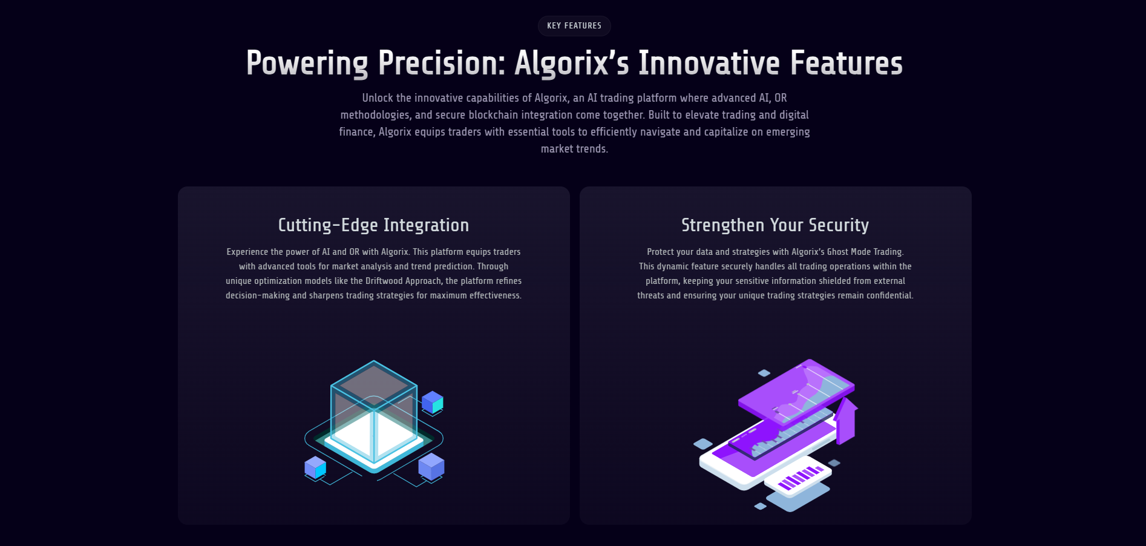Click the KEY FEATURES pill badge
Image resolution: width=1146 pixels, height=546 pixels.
point(574,26)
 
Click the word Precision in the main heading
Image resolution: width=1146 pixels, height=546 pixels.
point(442,64)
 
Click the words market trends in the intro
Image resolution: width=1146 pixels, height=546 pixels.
point(574,149)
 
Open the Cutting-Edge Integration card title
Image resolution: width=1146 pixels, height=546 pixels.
point(373,225)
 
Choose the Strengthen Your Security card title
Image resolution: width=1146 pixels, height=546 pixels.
point(775,225)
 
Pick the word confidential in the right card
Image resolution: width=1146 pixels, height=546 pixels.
point(889,295)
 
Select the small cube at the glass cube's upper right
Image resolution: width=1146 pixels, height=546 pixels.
point(433,402)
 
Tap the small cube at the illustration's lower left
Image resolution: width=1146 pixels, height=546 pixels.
point(315,467)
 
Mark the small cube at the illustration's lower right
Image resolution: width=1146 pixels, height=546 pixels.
point(431,466)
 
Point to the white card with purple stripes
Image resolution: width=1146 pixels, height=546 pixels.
point(797,477)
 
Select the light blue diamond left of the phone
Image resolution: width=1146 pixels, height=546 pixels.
point(703,444)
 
